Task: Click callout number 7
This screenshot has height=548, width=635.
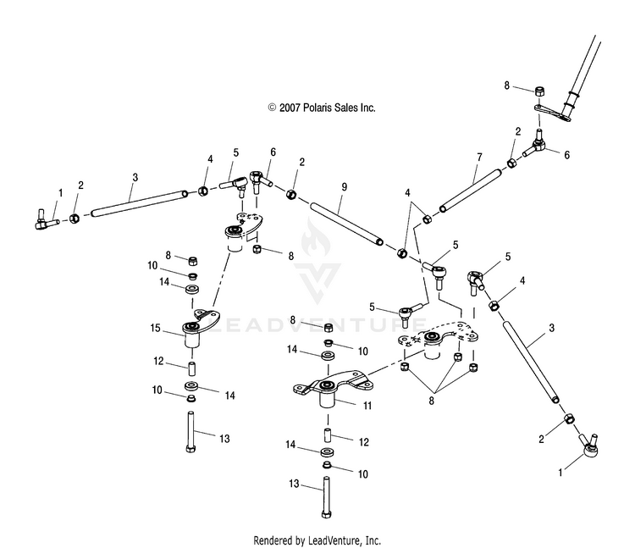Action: click(479, 158)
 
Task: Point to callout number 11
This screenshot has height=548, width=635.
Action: click(366, 406)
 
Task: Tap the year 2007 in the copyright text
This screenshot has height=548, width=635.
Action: click(287, 108)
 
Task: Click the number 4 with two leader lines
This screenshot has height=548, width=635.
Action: click(408, 194)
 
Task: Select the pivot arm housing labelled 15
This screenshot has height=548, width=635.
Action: click(196, 332)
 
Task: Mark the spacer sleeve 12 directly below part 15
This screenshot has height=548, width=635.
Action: click(192, 371)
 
